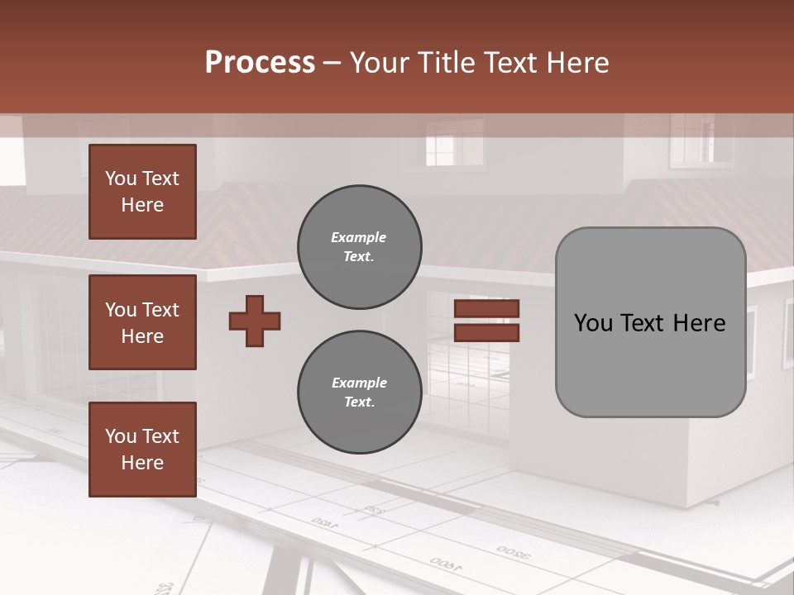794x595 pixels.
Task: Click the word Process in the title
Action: pyautogui.click(x=260, y=63)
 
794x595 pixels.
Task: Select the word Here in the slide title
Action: pyautogui.click(x=575, y=63)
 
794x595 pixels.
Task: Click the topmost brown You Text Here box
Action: pyautogui.click(x=142, y=192)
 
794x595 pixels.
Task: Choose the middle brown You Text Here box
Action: pyautogui.click(x=142, y=322)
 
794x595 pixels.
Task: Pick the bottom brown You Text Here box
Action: pyautogui.click(x=142, y=450)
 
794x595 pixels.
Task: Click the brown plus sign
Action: pyautogui.click(x=255, y=321)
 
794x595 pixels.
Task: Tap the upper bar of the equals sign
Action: pyautogui.click(x=487, y=308)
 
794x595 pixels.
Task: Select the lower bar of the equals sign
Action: pyautogui.click(x=487, y=333)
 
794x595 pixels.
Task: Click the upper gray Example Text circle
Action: pyautogui.click(x=360, y=247)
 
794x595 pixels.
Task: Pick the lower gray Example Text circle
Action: pyautogui.click(x=360, y=393)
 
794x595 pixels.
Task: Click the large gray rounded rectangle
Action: pyautogui.click(x=650, y=364)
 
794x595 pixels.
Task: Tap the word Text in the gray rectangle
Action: pyautogui.click(x=650, y=322)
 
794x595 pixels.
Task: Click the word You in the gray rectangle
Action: pyautogui.click(x=593, y=322)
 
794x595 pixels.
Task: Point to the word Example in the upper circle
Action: pyautogui.click(x=359, y=237)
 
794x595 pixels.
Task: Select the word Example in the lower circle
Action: pyautogui.click(x=359, y=383)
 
